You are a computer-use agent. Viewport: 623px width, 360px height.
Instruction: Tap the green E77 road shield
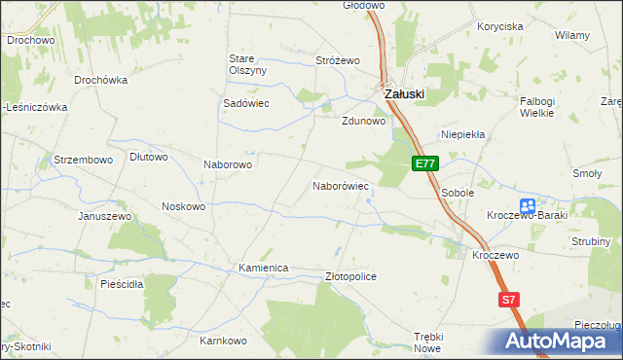424,164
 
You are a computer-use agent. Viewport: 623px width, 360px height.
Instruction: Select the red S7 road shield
508,301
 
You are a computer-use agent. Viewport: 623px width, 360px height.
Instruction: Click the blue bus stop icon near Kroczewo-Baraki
528,206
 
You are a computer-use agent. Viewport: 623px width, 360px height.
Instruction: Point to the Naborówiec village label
340,185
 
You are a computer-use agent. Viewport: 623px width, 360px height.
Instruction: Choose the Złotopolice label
349,277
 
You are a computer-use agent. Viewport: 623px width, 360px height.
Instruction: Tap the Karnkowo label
223,342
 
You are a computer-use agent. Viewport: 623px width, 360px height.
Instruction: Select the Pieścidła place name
122,284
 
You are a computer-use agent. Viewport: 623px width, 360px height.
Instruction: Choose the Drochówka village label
101,80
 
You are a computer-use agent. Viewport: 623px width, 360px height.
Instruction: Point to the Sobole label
458,194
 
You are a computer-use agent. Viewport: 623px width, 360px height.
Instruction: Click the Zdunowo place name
364,123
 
